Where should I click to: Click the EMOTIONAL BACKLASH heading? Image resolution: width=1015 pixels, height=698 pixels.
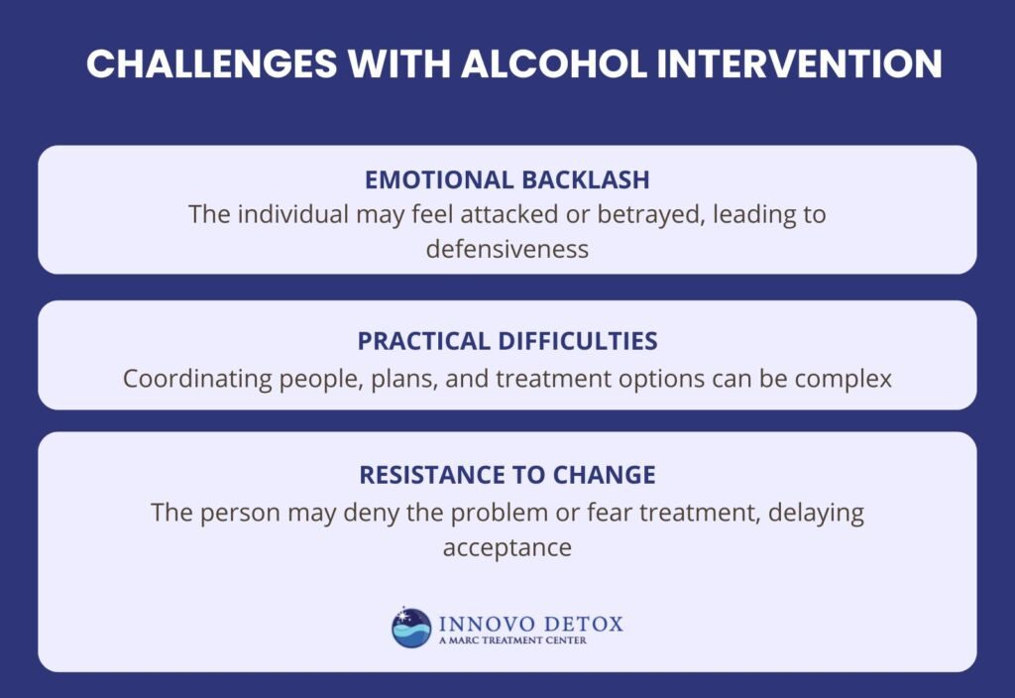click(x=507, y=179)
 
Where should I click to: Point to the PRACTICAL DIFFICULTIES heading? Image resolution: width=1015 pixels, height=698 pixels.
click(x=507, y=341)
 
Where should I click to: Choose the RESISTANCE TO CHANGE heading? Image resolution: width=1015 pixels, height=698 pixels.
click(x=507, y=475)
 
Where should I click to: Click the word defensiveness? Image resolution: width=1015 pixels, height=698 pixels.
click(x=507, y=248)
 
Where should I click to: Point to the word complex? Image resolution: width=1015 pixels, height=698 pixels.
click(x=843, y=379)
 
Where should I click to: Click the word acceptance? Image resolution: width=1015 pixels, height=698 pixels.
click(x=507, y=547)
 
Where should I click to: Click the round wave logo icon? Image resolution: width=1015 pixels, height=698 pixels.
click(x=411, y=628)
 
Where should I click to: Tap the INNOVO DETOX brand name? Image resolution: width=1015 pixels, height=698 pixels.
click(x=527, y=623)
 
